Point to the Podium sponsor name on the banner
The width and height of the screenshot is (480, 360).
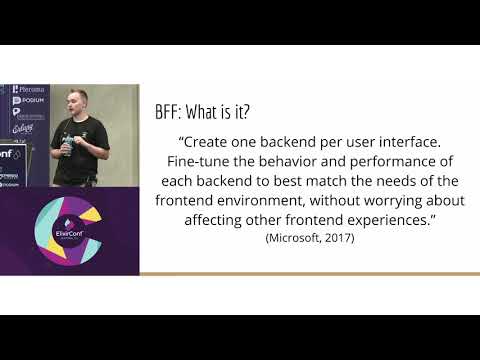[x=30, y=101]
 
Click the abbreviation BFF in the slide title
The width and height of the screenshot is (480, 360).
[x=169, y=112]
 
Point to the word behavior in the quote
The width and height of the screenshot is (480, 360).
[x=295, y=161]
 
